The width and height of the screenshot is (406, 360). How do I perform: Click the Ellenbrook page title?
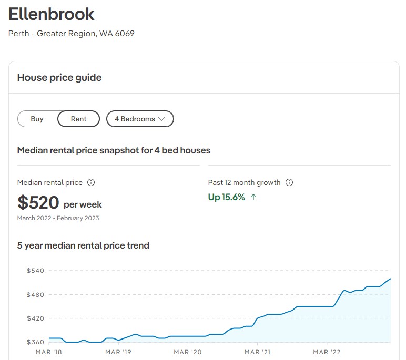(x=52, y=14)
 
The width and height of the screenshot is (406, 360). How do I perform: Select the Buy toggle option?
(x=37, y=119)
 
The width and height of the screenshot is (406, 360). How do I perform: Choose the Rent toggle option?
(x=78, y=119)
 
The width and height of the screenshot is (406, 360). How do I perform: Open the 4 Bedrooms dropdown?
(x=140, y=119)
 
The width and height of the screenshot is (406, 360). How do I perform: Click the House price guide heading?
(x=59, y=77)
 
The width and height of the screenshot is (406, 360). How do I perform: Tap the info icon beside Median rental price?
(x=91, y=183)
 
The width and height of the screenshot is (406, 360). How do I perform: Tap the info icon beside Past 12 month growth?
(x=289, y=183)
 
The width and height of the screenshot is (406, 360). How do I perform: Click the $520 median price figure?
(x=38, y=202)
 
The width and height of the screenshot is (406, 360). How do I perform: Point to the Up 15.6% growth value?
(x=227, y=197)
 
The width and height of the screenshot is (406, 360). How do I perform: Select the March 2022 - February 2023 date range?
(x=58, y=218)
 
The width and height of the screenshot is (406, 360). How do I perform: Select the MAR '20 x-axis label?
(x=188, y=352)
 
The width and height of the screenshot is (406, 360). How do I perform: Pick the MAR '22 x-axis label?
(x=327, y=352)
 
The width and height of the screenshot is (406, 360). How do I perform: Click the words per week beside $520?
(x=83, y=204)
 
